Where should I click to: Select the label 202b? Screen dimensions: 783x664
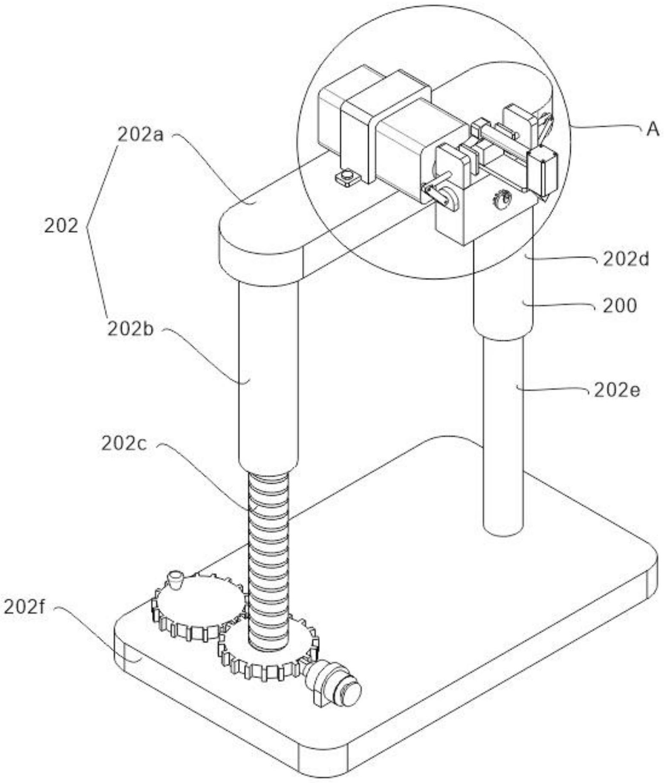click(130, 329)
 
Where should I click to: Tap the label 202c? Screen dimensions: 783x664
click(124, 444)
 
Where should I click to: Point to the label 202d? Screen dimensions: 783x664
click(625, 259)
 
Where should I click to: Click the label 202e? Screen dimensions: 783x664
click(617, 390)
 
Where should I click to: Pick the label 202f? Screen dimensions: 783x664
click(25, 607)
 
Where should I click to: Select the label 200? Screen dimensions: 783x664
click(619, 306)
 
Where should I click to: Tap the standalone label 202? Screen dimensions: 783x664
click(61, 226)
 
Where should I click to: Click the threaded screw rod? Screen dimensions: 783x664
click(268, 554)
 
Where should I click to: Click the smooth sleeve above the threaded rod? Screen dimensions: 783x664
click(267, 375)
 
